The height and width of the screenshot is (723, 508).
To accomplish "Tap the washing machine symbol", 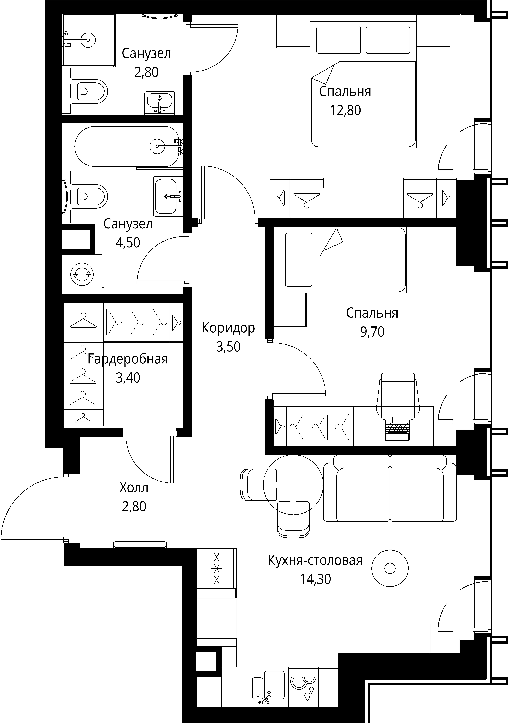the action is pyautogui.click(x=82, y=274).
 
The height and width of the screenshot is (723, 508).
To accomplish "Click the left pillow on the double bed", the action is pyautogui.click(x=339, y=40).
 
